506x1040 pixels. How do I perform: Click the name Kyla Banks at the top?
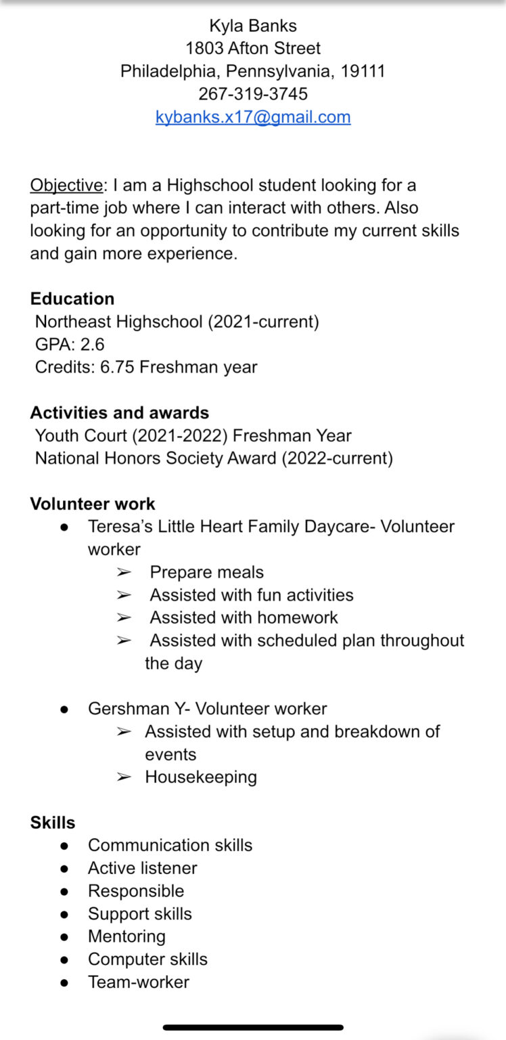[x=253, y=26]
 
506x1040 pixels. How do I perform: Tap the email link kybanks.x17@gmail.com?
[x=253, y=116]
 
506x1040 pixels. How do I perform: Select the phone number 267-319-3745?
[x=253, y=93]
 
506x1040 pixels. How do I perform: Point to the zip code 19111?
[x=363, y=71]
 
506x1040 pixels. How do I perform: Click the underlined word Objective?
[x=66, y=185]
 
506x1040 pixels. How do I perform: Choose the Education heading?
[x=72, y=299]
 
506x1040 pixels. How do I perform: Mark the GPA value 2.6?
[x=93, y=345]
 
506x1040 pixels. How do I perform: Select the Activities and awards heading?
[x=120, y=412]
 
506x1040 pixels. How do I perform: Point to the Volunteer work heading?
[x=93, y=504]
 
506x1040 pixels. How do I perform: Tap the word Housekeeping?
[x=201, y=777]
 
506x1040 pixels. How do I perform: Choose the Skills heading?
[x=53, y=823]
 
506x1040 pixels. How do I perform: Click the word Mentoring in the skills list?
[x=127, y=936]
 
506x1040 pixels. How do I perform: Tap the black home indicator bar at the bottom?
[x=253, y=1027]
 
